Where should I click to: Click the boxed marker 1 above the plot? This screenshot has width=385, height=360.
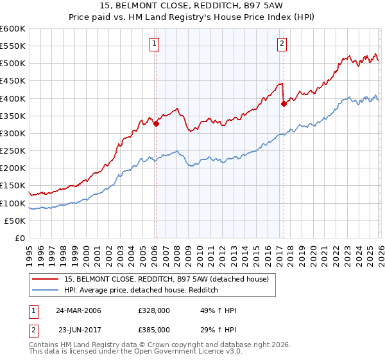(x=155, y=44)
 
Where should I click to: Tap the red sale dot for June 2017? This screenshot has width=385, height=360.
(x=284, y=104)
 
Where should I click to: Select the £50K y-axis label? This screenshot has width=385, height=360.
(x=15, y=221)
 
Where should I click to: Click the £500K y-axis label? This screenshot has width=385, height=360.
(x=13, y=64)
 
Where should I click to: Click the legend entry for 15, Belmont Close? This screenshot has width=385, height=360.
(x=152, y=279)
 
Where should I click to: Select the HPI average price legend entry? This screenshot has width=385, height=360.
(x=141, y=291)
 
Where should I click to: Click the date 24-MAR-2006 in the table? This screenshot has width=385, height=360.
(x=78, y=310)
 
